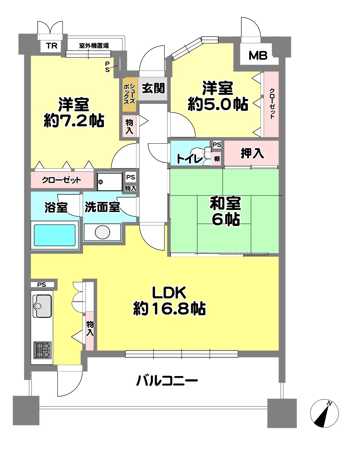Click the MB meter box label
point(258,56)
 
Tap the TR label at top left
point(51,46)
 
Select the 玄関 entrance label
point(153,88)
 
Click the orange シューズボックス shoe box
point(129,95)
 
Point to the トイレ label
point(190,158)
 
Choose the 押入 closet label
point(252,153)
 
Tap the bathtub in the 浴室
point(55,235)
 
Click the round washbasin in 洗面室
point(103,232)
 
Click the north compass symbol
point(324,413)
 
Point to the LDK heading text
point(169,292)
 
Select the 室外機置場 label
point(94,46)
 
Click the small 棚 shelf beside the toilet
point(217,158)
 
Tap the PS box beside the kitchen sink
point(42,285)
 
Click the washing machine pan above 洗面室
point(110,182)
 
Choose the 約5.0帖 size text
point(218,104)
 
